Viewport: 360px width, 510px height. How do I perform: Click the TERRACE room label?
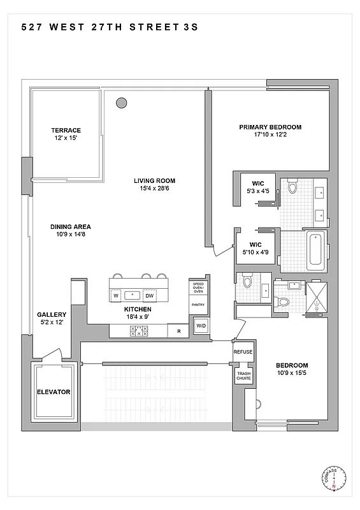coord(66,131)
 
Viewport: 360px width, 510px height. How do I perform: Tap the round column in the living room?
coord(121,101)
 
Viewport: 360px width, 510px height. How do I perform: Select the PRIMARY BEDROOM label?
coord(270,127)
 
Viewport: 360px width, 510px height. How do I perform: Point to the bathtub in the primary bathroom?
coord(315,252)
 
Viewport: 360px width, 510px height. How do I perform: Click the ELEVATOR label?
coord(53,392)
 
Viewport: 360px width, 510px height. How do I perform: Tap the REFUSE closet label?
coord(243,352)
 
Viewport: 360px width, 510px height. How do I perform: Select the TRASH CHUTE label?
coord(243,376)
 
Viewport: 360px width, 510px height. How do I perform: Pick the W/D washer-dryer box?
coord(201,326)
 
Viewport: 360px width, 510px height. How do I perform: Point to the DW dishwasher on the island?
coord(149,296)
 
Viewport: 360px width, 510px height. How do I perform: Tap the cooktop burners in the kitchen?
coord(139,331)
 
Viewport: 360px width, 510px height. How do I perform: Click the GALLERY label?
coord(52,315)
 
